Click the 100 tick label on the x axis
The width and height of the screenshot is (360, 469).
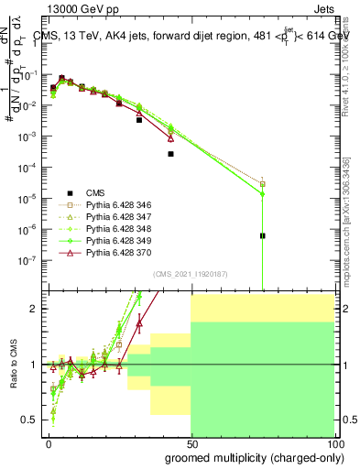(333, 442)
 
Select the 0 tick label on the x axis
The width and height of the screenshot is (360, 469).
(49, 442)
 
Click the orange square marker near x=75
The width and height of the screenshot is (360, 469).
(262, 184)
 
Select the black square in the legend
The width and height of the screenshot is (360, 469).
(69, 192)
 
